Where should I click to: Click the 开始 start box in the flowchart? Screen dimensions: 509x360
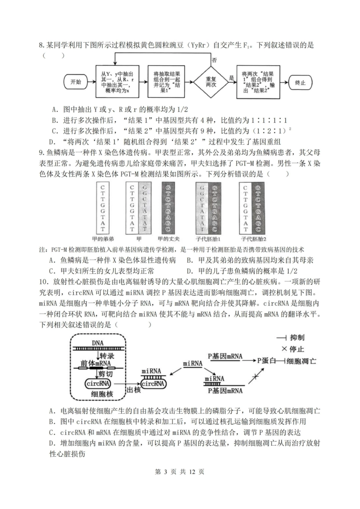pyautogui.click(x=75, y=82)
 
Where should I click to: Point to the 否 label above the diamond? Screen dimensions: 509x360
pyautogui.click(x=214, y=60)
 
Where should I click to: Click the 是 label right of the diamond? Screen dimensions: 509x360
pyautogui.click(x=231, y=78)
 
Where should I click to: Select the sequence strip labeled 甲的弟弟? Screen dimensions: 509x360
pyautogui.click(x=103, y=208)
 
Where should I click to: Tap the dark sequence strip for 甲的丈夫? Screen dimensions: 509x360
pyautogui.click(x=168, y=208)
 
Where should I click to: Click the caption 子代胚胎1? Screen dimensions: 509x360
pyautogui.click(x=208, y=239)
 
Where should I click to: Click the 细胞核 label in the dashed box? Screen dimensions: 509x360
pyautogui.click(x=102, y=394)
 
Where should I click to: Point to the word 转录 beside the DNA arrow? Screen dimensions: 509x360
pyautogui.click(x=106, y=356)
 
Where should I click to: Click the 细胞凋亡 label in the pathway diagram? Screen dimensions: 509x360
pyautogui.click(x=302, y=361)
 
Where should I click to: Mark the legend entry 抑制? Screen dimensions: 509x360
pyautogui.click(x=297, y=337)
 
